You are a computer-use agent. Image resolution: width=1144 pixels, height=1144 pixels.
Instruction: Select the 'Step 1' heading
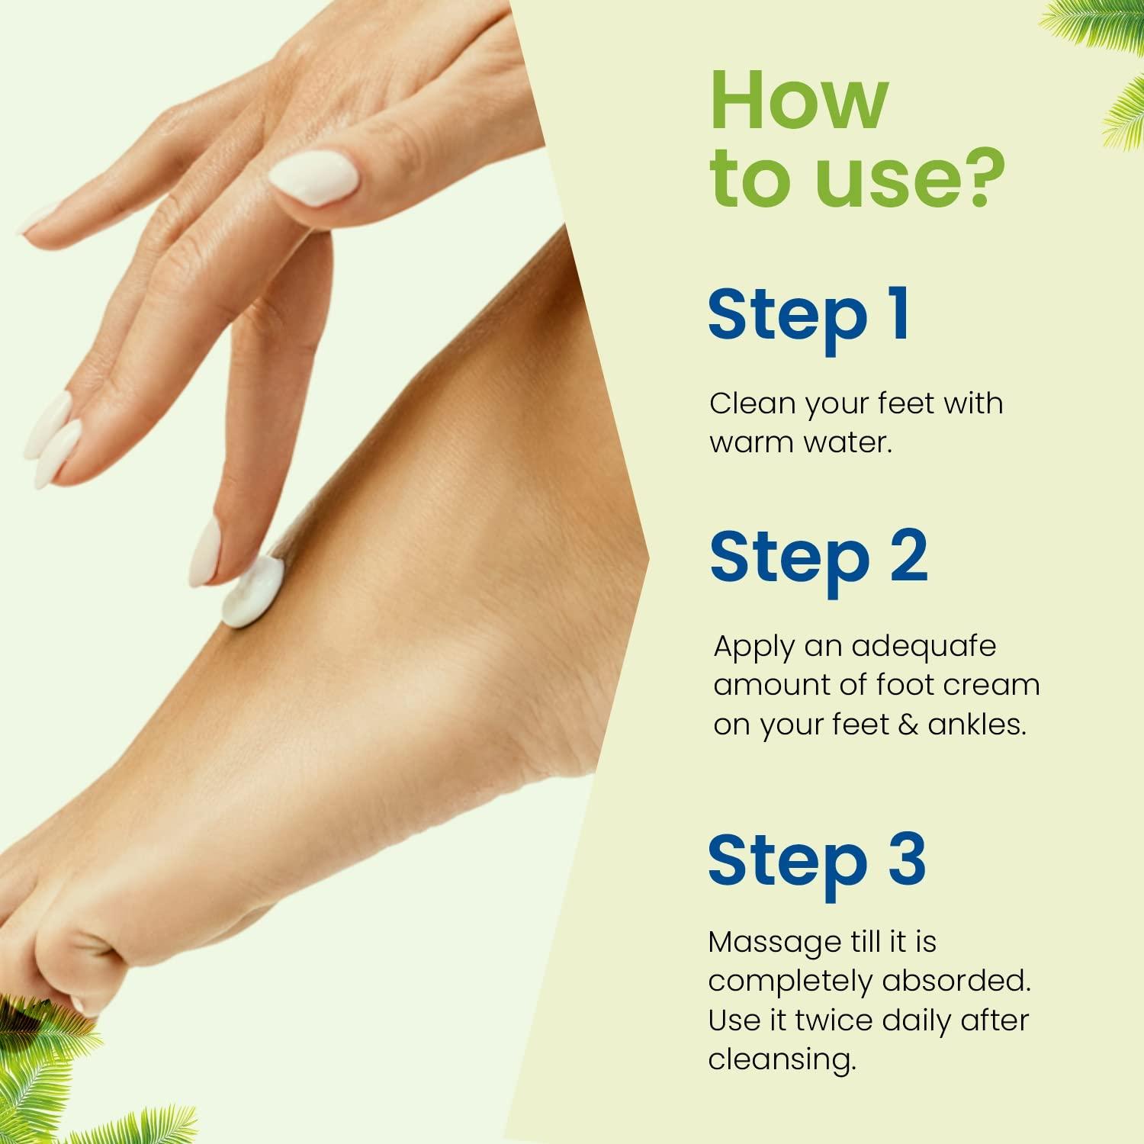point(808,316)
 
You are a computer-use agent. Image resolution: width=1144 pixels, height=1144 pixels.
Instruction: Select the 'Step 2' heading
point(818,558)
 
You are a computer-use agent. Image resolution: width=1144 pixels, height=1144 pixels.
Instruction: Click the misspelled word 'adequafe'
point(924,647)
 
